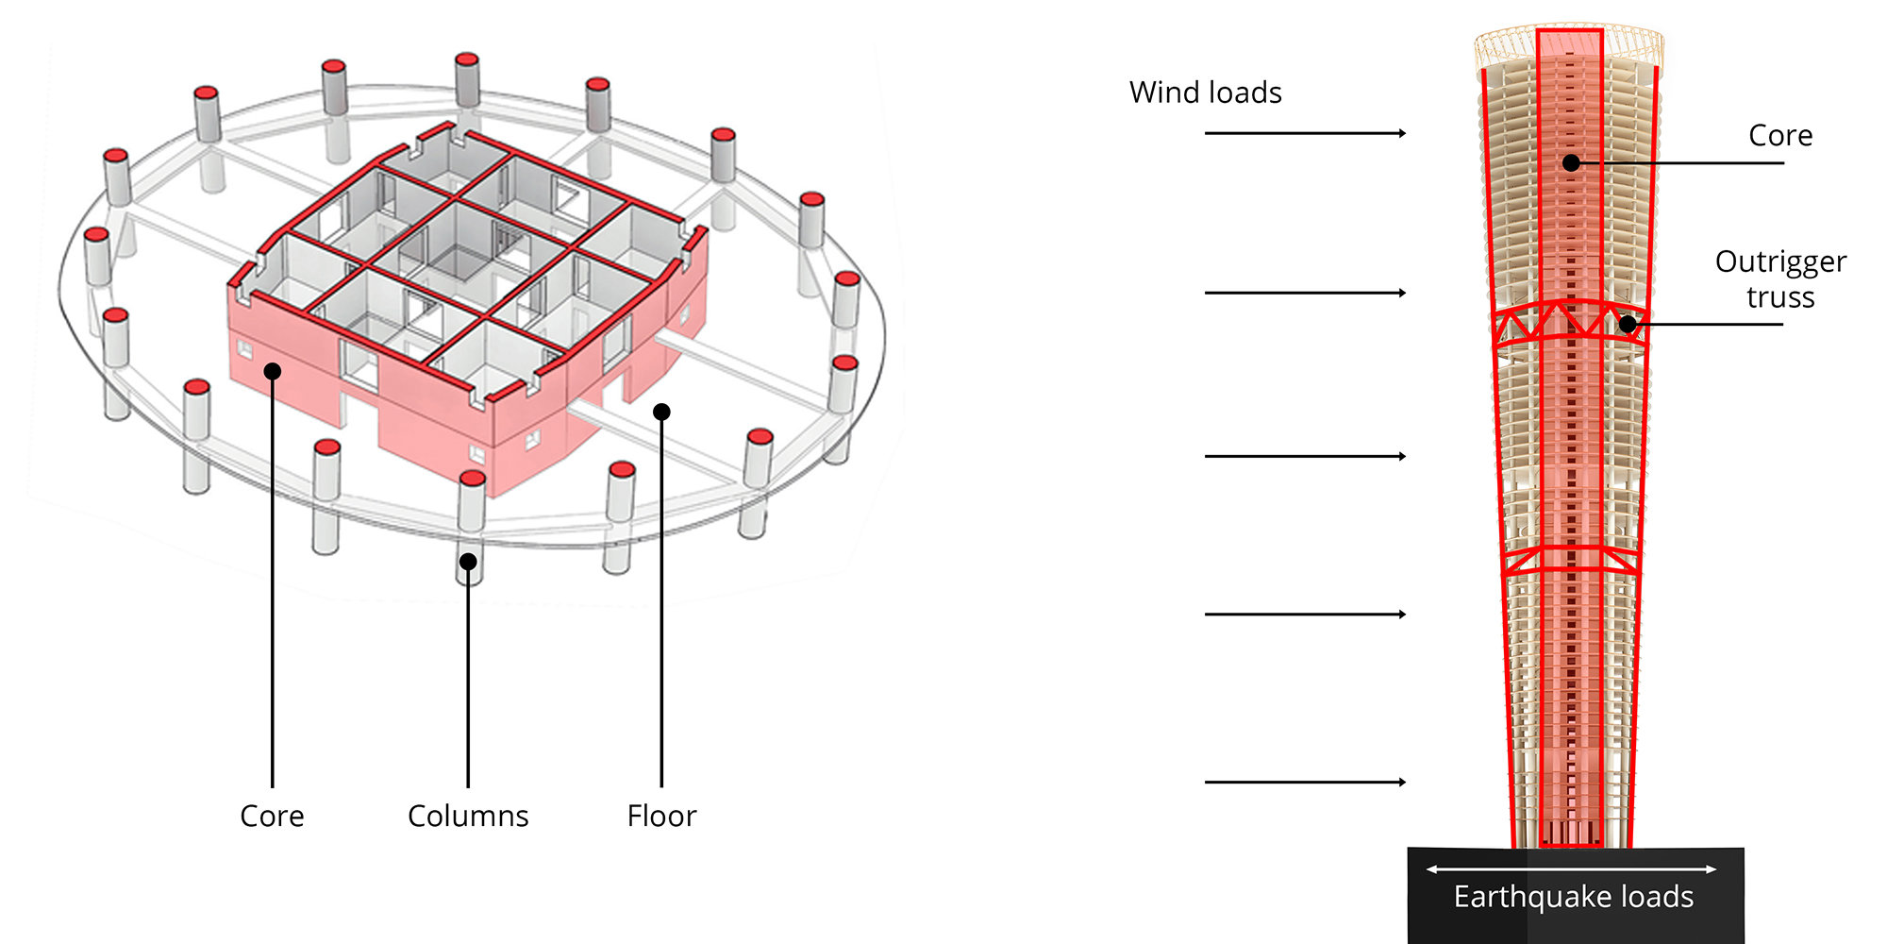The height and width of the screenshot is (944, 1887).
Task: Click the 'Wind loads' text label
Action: [x=1205, y=93]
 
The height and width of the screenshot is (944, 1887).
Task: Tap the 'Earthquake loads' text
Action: [x=1573, y=897]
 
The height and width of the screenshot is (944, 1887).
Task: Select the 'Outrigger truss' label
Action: [x=1779, y=278]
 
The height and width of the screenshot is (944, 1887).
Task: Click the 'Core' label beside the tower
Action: [x=1779, y=136]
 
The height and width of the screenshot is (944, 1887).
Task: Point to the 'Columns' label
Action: [x=468, y=816]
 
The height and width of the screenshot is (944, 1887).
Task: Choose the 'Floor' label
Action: [x=661, y=816]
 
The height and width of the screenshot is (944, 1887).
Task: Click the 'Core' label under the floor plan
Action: [x=272, y=816]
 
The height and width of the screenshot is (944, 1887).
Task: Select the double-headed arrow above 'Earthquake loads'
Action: [x=1571, y=868]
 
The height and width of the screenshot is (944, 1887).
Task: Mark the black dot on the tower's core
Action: [x=1571, y=162]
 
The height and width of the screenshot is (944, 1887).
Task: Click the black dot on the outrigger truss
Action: [x=1628, y=325]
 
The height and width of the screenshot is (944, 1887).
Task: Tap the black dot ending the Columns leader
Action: [x=468, y=562]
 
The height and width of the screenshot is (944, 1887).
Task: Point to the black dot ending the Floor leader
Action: [x=661, y=412]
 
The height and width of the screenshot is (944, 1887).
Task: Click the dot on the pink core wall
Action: [x=272, y=371]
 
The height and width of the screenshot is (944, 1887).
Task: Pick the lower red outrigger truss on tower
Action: [x=1570, y=561]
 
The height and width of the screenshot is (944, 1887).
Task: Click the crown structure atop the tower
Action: [x=1569, y=42]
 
